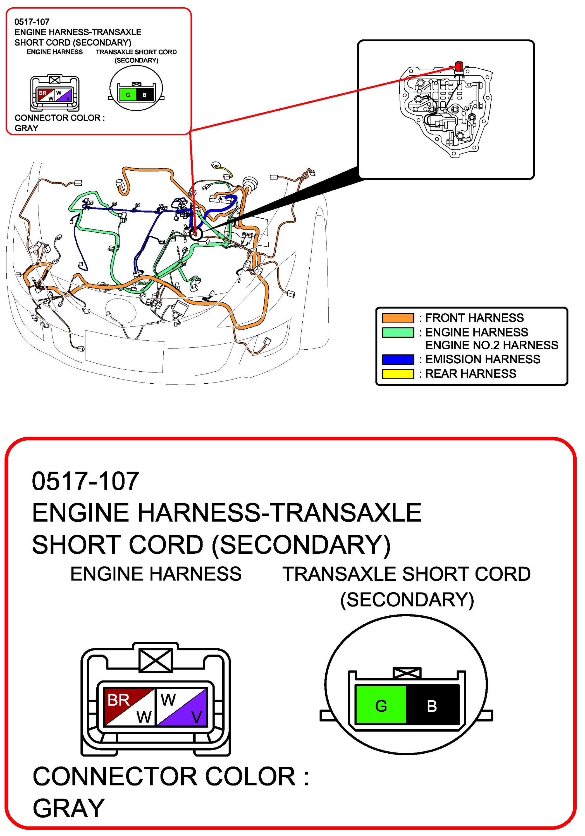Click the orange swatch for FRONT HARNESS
(398, 318)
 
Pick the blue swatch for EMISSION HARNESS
(398, 359)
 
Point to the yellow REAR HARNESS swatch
(398, 374)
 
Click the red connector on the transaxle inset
(459, 66)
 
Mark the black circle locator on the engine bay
(196, 233)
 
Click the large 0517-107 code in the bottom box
(85, 481)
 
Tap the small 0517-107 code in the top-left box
(32, 22)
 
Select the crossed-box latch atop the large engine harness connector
(156, 660)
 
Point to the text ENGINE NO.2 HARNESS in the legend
(491, 345)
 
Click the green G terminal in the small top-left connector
(128, 95)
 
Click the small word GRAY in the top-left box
(26, 128)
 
